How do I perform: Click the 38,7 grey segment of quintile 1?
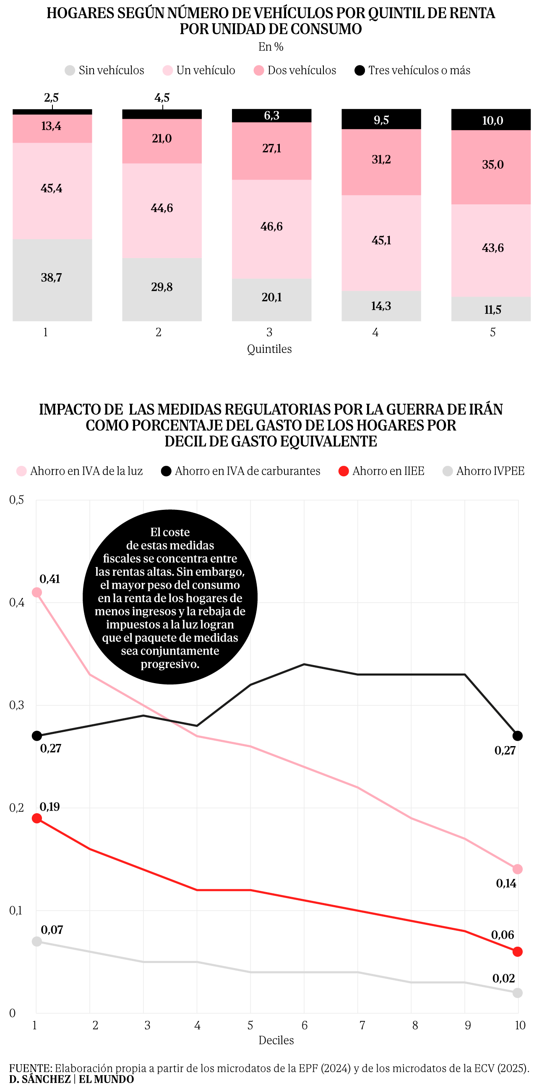[x=52, y=279]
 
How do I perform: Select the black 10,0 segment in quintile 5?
[x=491, y=120]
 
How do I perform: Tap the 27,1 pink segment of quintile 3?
[x=271, y=150]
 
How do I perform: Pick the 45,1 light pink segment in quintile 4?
[x=381, y=242]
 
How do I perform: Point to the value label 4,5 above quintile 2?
[x=162, y=98]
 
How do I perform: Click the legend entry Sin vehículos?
[x=104, y=70]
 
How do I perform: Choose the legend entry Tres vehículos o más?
[x=412, y=70]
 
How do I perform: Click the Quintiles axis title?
[x=269, y=349]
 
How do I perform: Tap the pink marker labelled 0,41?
[x=37, y=592]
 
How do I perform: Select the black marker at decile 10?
[x=517, y=736]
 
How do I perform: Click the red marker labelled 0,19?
[x=37, y=818]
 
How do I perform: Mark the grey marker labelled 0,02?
[x=517, y=993]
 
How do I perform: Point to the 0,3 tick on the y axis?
[x=16, y=705]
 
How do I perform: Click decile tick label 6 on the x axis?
[x=305, y=1026]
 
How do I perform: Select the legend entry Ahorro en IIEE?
[x=381, y=471]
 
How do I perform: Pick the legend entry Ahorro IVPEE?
[x=483, y=471]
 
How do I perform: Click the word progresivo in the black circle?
[x=170, y=664]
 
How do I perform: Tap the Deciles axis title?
[x=276, y=1040]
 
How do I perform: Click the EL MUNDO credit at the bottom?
[x=106, y=1079]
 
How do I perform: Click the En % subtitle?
[x=271, y=47]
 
